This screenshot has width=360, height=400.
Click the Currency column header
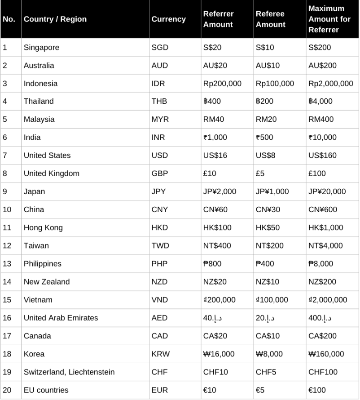click(x=168, y=19)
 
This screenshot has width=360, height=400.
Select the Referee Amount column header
click(x=270, y=19)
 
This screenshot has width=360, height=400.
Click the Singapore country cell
click(x=41, y=48)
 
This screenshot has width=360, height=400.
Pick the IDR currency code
click(x=158, y=84)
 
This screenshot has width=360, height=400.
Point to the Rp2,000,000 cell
click(x=330, y=84)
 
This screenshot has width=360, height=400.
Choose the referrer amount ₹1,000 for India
click(x=215, y=138)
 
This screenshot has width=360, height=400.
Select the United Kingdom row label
click(x=51, y=173)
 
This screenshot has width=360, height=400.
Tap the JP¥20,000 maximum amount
click(x=327, y=191)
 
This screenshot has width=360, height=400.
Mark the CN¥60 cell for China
click(x=214, y=209)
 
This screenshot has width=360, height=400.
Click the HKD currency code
click(x=159, y=227)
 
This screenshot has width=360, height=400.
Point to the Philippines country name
click(x=43, y=264)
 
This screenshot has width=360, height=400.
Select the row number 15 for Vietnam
click(x=7, y=300)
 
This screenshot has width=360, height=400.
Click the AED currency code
click(x=159, y=318)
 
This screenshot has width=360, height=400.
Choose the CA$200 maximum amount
click(x=322, y=336)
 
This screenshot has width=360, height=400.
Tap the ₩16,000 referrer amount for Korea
click(x=219, y=354)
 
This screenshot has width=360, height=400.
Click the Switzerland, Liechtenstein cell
click(x=69, y=372)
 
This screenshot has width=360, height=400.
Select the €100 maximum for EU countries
click(x=317, y=390)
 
